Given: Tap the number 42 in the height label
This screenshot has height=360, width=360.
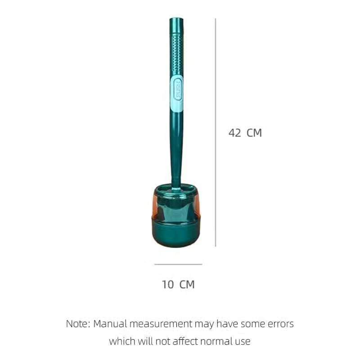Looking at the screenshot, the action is (234, 133).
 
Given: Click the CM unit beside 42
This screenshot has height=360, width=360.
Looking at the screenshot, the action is (254, 133).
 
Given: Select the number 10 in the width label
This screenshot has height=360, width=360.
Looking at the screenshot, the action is (168, 284).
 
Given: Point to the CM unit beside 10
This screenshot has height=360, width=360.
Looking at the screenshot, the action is (187, 284).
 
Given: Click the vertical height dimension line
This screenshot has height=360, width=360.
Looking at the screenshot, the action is (216, 132).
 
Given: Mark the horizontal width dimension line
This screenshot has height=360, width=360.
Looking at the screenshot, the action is (178, 264).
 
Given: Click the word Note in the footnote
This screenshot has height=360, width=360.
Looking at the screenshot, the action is (76, 324).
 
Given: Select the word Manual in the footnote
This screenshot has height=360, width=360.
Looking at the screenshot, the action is (110, 324).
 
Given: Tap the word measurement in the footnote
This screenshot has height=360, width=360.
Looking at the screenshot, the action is (161, 324).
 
